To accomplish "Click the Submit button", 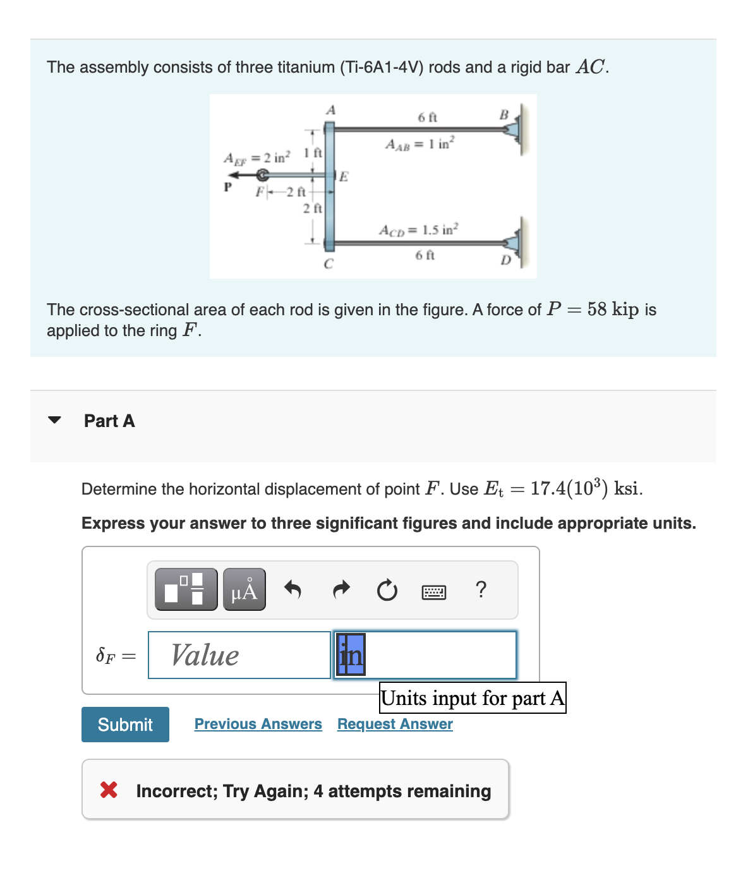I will [x=125, y=724].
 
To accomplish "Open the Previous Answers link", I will [x=258, y=724].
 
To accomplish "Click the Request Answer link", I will [x=395, y=724].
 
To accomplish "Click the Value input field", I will [x=239, y=655].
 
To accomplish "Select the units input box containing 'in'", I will [x=425, y=655].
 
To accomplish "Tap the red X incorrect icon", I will [x=109, y=790].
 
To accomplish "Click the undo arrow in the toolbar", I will [x=293, y=589].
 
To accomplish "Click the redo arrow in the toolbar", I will [x=341, y=589].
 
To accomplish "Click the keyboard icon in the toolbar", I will [x=434, y=592].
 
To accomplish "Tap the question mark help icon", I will [x=481, y=589].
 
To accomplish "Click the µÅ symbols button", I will [x=244, y=589].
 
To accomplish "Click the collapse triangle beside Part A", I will [x=55, y=420].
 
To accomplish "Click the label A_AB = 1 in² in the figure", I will [x=419, y=144].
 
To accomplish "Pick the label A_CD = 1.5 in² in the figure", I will [x=419, y=229].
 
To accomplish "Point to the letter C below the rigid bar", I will [x=328, y=264].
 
